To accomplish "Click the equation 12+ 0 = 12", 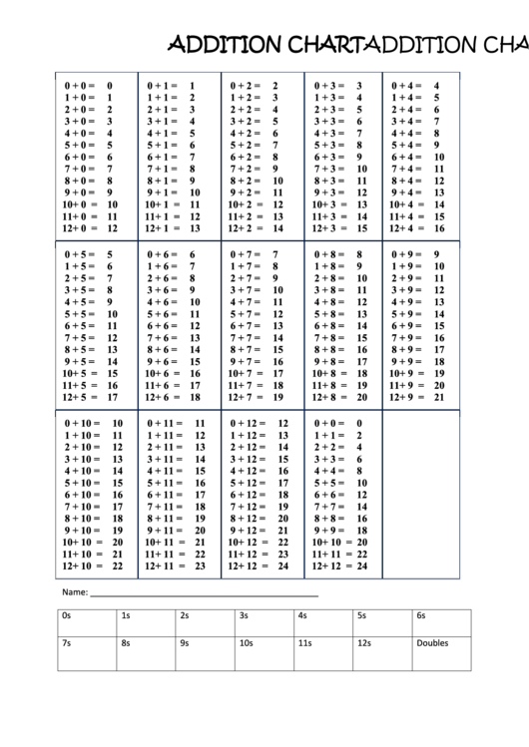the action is click(90, 228).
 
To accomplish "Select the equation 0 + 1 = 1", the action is click(170, 87).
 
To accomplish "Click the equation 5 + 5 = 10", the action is click(90, 314).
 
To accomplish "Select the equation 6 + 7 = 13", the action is click(254, 326).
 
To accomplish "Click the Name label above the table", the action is click(75, 591).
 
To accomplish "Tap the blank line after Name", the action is click(205, 594).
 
